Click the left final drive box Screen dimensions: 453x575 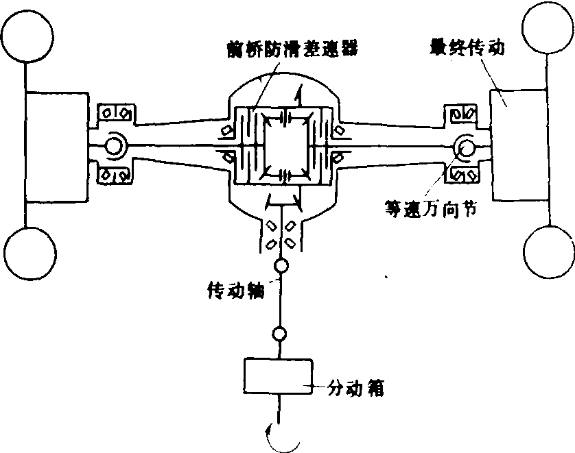coord(56,146)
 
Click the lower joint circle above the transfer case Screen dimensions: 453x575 coord(279,334)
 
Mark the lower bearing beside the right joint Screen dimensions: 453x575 coord(463,176)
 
